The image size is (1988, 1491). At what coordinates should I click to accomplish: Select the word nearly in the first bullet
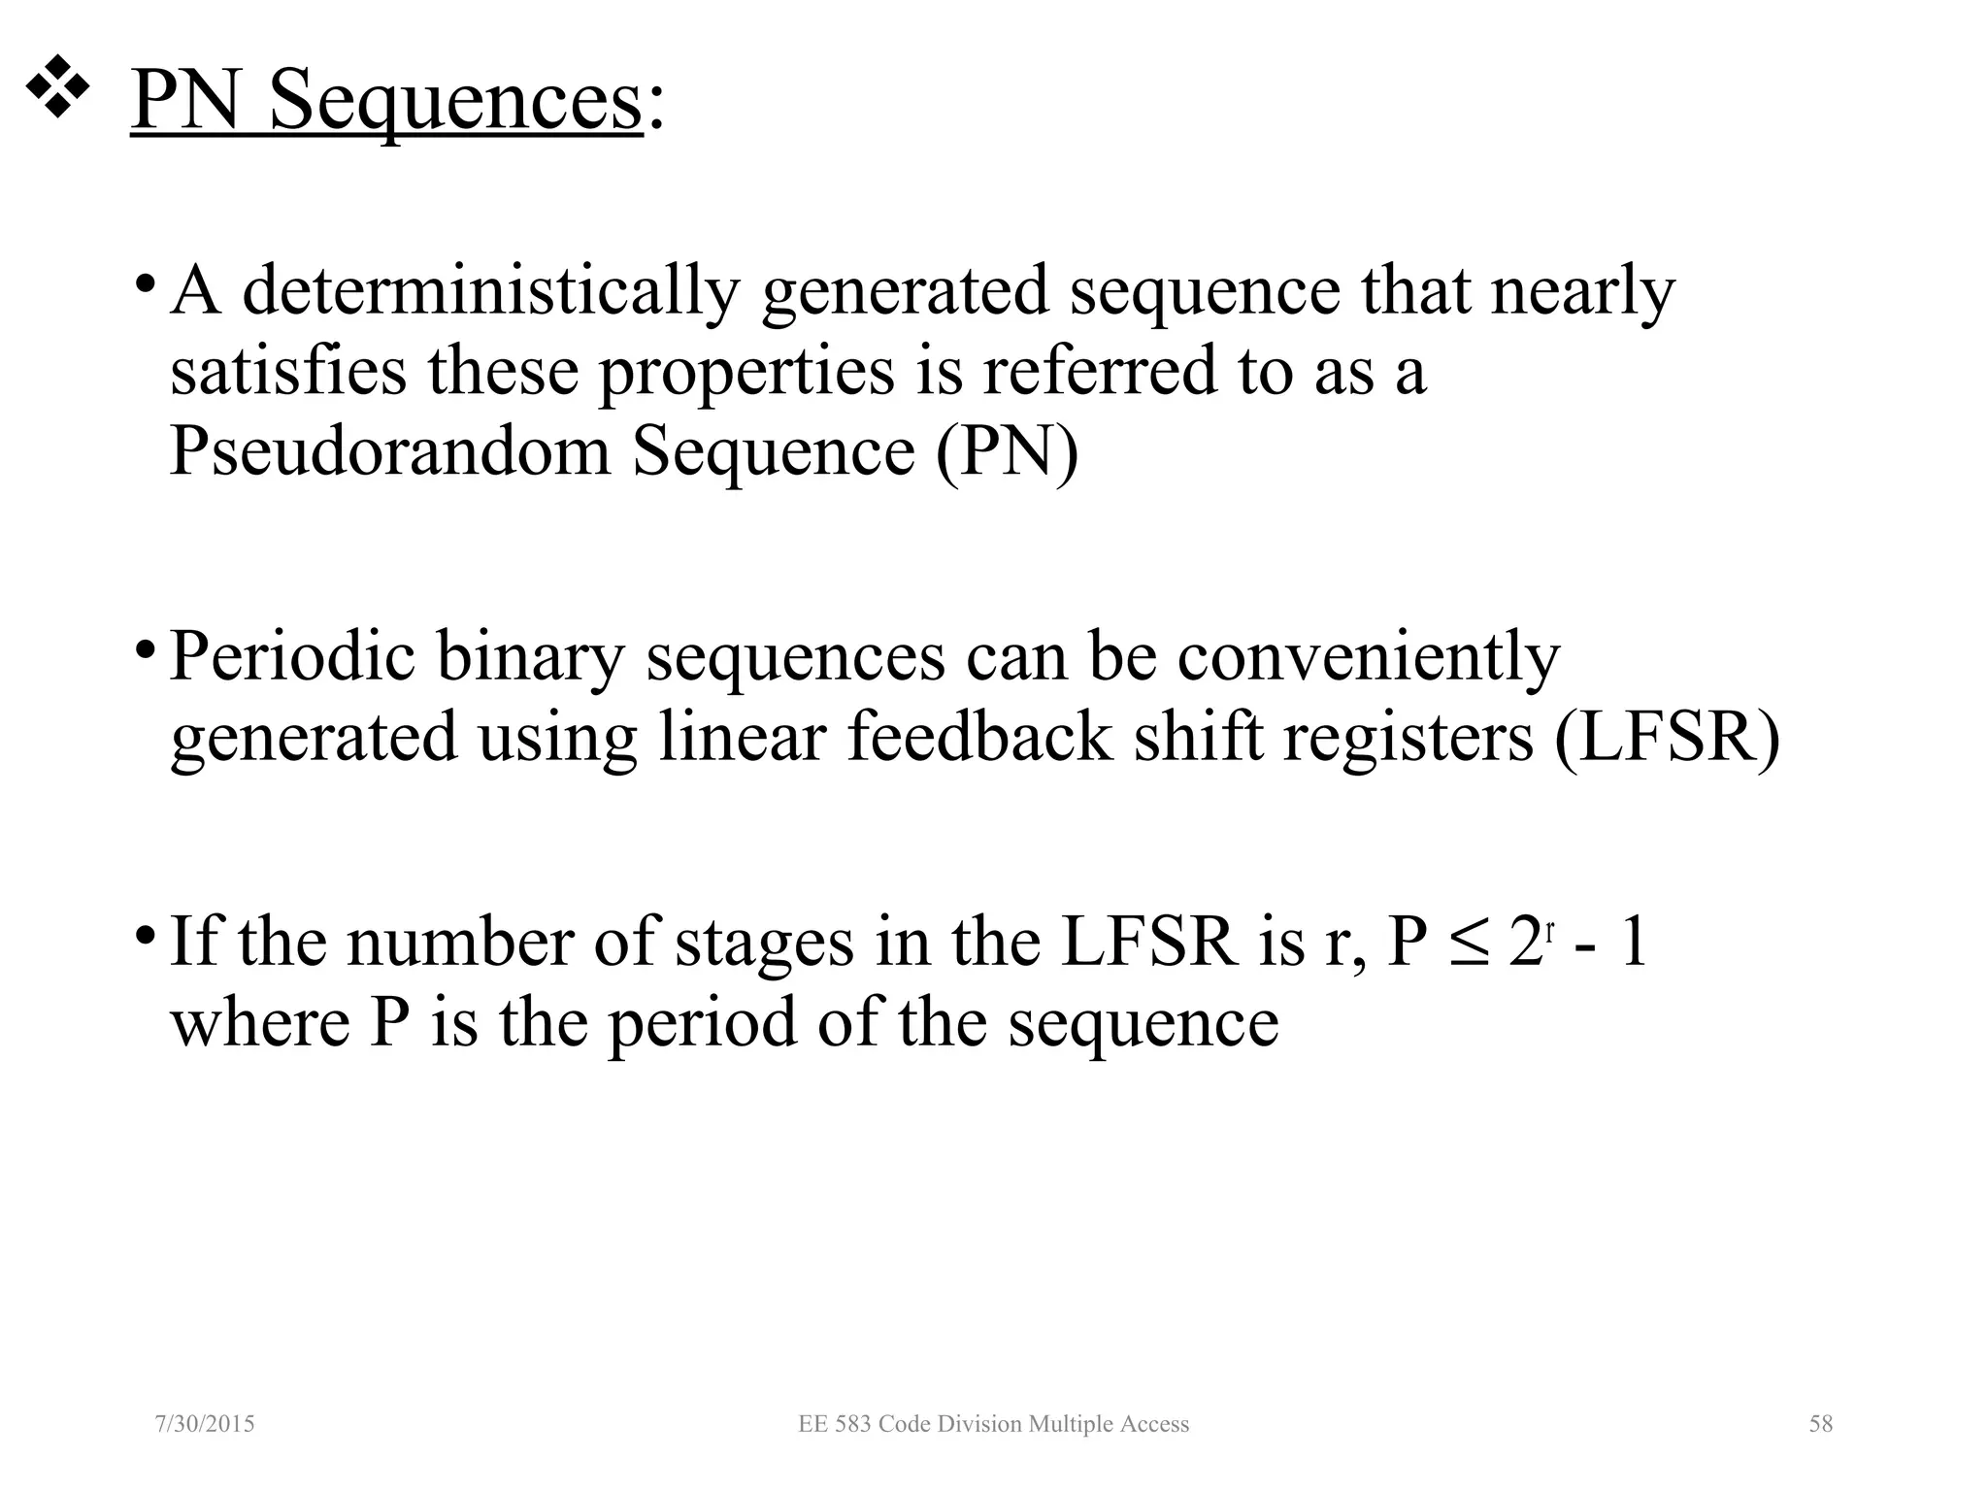coord(1582,290)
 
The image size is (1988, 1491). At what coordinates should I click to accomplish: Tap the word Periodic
coord(292,657)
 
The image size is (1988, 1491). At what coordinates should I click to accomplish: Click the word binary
coord(530,657)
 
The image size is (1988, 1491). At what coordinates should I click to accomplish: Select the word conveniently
coord(1369,657)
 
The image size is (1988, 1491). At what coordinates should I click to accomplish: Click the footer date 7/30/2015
coord(205,1424)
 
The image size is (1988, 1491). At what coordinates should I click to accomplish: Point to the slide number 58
coord(1820,1424)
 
